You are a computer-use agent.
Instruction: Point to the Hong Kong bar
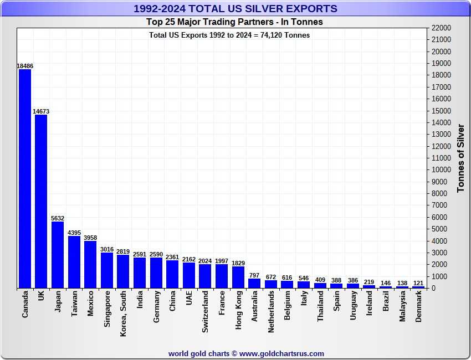coord(238,277)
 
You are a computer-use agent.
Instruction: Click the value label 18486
coord(25,66)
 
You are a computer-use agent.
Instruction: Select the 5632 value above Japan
coord(58,218)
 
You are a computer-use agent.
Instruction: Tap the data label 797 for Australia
coord(254,275)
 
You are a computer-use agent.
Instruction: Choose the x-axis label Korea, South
coord(124,313)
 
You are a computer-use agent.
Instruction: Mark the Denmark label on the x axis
coord(419,307)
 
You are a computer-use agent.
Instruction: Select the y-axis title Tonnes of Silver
coord(460,158)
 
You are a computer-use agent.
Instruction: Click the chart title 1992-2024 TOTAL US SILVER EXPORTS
coord(235,9)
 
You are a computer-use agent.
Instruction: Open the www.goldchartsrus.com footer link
coord(282,353)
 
